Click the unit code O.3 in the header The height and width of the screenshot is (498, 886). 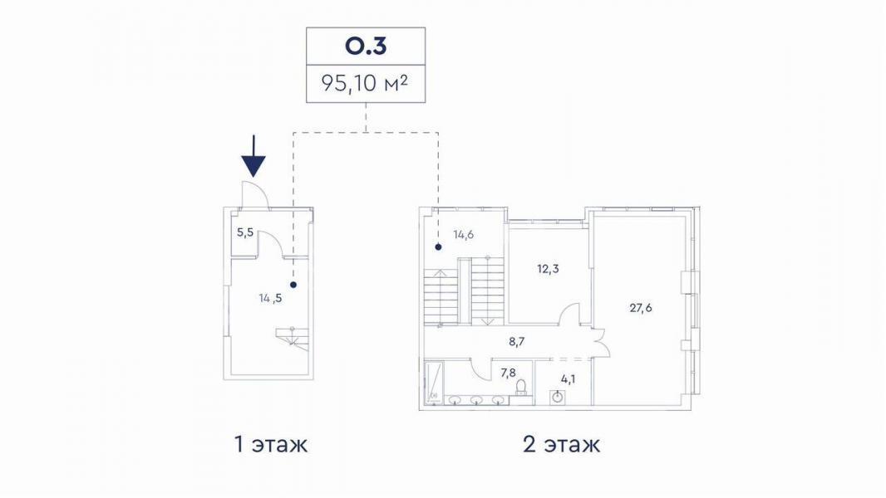[x=366, y=46]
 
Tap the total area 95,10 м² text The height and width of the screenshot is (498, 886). [x=365, y=84]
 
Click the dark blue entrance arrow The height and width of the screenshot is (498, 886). [x=253, y=156]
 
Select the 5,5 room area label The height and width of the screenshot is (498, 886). [x=244, y=232]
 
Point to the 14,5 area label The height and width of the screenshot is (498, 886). [x=270, y=298]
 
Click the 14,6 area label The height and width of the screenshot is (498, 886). [x=463, y=235]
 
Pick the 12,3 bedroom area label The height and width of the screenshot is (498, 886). [x=548, y=269]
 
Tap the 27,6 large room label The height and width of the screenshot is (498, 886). [x=641, y=308]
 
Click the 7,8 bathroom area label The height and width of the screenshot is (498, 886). [x=508, y=372]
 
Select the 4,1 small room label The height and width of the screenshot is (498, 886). [x=569, y=379]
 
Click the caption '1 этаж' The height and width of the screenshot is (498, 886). [x=271, y=444]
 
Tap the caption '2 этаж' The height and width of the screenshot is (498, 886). [x=561, y=444]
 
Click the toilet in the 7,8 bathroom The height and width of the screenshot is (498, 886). [x=522, y=386]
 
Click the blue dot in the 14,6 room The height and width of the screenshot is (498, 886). [x=439, y=247]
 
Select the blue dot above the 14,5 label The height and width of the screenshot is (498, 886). [x=293, y=286]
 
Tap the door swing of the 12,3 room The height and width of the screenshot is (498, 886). [x=570, y=313]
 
